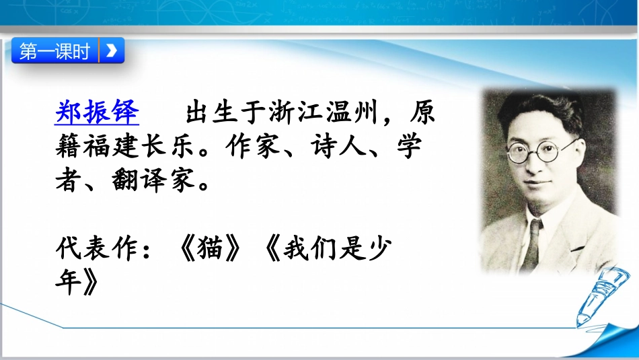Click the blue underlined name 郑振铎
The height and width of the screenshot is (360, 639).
point(96,112)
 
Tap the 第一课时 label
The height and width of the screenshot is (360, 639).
point(54,51)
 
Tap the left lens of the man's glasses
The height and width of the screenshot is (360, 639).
point(519,152)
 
